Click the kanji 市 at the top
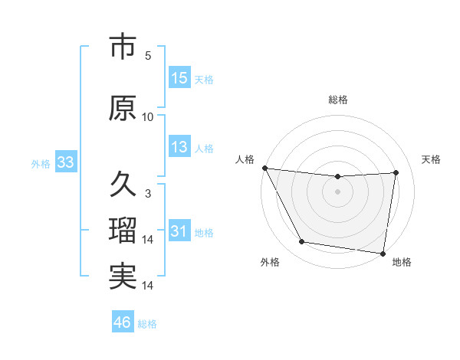tap(123, 47)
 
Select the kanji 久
tap(123, 184)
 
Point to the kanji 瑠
tap(123, 231)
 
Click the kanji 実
tap(123, 276)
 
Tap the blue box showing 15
tap(179, 78)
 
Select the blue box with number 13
tap(179, 147)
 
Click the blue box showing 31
tap(179, 231)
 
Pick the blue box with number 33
tap(65, 162)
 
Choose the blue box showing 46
tap(123, 322)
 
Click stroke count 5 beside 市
tap(148, 56)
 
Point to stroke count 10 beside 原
tap(148, 117)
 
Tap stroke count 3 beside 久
tap(148, 194)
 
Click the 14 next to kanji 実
tap(148, 286)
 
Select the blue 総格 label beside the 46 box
tap(147, 324)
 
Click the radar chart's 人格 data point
tap(264, 168)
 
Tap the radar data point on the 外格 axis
tap(301, 243)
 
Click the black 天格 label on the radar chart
tap(431, 159)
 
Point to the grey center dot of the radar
tap(337, 191)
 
